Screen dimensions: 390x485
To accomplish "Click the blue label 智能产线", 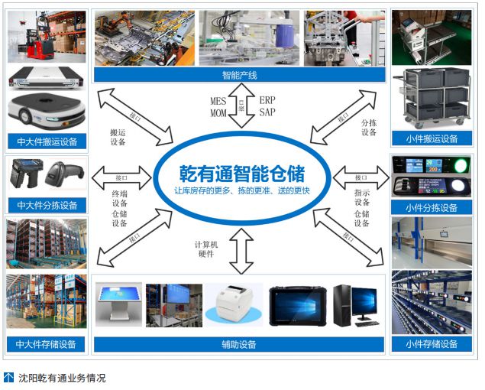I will coord(239,75).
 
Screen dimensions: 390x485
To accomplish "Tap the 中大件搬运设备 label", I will coord(47,141).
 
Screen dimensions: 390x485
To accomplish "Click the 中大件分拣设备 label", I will coord(47,205).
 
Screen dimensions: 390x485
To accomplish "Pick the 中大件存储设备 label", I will coord(47,344).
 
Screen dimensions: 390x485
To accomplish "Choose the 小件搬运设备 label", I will coord(432,139).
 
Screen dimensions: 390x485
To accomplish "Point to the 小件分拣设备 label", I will coord(432,207).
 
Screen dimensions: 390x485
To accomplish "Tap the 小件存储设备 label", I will coord(432,344).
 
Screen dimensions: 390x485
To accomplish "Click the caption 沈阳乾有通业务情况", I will coord(62,378).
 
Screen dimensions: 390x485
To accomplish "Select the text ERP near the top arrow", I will coord(267,100).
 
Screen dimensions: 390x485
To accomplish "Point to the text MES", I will coord(218,100).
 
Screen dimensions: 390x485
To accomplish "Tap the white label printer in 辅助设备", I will coord(234,304).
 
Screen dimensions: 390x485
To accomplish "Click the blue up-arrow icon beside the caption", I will coord(9,378).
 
